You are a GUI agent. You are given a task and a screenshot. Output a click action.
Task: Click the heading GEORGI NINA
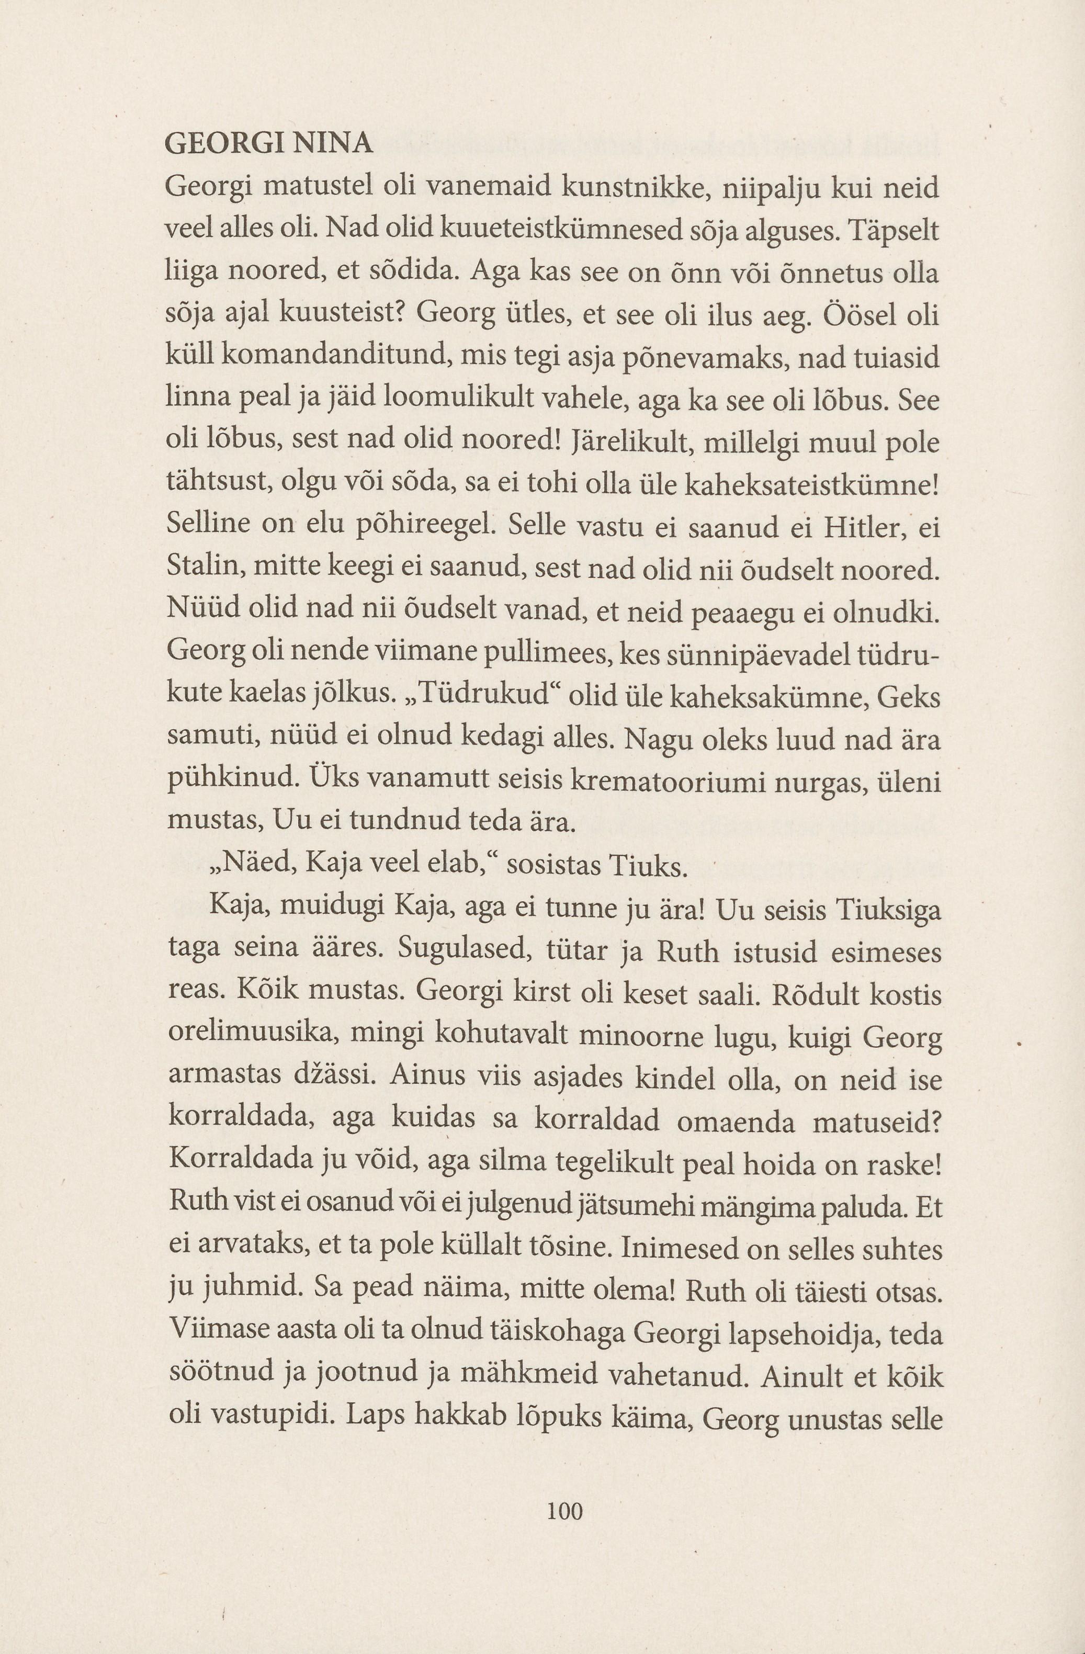(268, 144)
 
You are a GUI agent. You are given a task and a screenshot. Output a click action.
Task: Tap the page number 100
(564, 1511)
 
